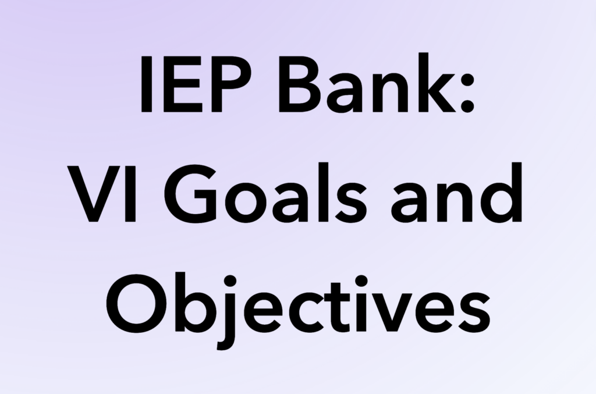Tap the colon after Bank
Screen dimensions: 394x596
coord(466,93)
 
